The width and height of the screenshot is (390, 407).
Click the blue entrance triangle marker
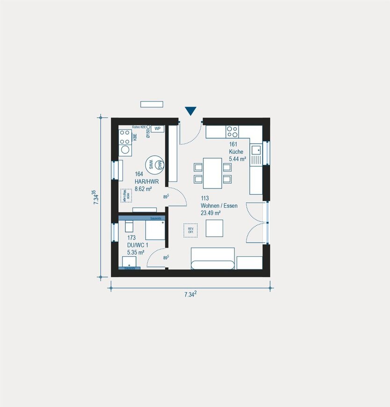point(190,111)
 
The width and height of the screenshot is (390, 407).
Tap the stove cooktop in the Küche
point(232,131)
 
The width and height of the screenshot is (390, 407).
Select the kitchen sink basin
point(256,150)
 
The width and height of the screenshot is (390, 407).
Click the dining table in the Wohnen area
point(212,172)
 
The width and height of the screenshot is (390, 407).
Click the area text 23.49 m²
point(210,213)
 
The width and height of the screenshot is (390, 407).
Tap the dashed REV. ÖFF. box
point(190,230)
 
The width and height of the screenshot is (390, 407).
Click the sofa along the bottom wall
point(213,259)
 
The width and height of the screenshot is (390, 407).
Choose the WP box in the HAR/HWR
point(158,129)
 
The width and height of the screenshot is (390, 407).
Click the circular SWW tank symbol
point(151,164)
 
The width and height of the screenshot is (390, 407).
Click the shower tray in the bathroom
point(155,230)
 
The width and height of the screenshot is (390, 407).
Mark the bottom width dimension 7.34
point(189,295)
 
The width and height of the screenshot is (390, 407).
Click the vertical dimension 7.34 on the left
point(95,196)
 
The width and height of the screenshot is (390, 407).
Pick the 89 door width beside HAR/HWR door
point(166,197)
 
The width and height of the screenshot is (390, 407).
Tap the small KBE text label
point(135,137)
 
